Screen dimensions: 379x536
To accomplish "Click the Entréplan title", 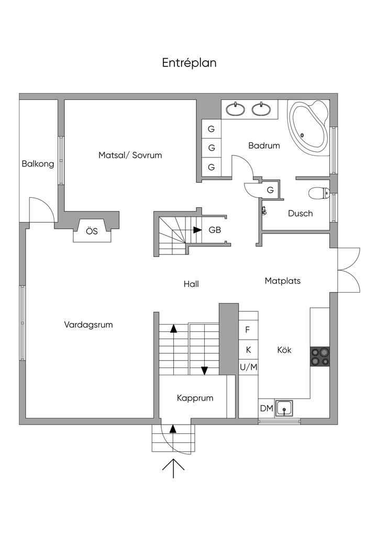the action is coord(189,63).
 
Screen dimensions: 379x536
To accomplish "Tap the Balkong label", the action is coord(38,164).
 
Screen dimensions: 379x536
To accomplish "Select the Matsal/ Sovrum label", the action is coord(130,155).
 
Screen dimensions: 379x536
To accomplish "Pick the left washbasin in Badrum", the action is coord(236,109).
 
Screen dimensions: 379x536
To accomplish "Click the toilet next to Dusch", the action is coord(318,194).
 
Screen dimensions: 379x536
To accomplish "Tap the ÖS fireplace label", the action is coord(92,231).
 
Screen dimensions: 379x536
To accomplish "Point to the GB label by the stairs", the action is coord(215,230).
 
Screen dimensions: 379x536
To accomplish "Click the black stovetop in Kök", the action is coord(320,356).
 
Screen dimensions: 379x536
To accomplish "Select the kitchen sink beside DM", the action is coord(284,408).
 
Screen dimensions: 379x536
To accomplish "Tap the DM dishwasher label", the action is coord(266,408).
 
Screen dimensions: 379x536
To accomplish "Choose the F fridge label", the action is coord(248,330).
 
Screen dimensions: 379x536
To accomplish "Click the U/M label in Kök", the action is coord(249,367).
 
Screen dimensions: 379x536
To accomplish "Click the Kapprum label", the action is coord(195,398).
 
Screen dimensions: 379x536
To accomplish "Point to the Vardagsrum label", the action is coord(88,325).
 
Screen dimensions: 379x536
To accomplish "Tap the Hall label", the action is coord(191,284).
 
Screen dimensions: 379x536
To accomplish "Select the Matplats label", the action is coord(283,281).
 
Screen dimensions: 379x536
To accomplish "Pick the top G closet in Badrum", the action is coord(211,129).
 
